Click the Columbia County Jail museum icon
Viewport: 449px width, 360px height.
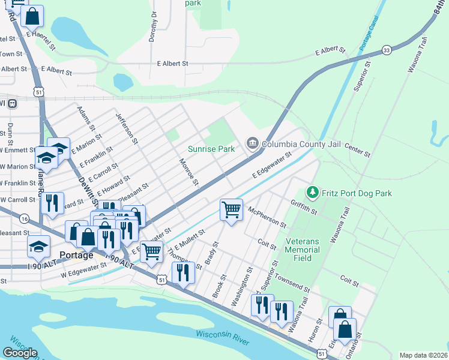click(x=252, y=143)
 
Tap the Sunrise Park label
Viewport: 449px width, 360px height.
click(x=211, y=149)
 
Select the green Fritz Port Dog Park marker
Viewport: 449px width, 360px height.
click(x=312, y=193)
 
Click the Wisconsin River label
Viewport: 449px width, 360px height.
click(x=222, y=337)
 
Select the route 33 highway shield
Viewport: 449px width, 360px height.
click(x=387, y=50)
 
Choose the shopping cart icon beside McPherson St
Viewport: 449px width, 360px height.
click(x=231, y=211)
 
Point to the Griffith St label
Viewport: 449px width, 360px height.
click(x=303, y=207)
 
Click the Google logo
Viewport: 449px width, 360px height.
click(x=20, y=352)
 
